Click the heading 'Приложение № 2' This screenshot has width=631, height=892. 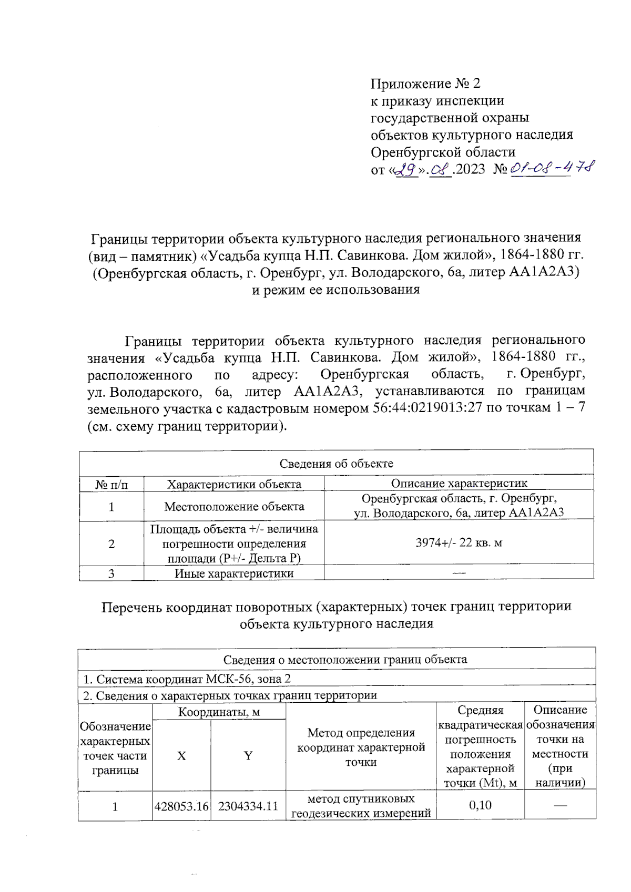click(425, 84)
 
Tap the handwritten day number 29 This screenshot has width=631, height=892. click(406, 170)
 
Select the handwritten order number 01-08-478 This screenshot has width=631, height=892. click(552, 168)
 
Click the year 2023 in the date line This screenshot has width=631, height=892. click(470, 169)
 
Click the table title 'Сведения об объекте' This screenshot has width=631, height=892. click(336, 463)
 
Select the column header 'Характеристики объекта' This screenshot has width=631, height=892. click(234, 484)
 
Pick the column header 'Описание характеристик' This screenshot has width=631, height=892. click(459, 483)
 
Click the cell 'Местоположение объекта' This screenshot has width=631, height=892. click(234, 507)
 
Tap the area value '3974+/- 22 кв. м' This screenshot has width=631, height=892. click(459, 542)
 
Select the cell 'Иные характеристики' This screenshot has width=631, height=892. click(234, 573)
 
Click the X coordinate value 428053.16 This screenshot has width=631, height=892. click(181, 806)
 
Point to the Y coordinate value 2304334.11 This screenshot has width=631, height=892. click(248, 806)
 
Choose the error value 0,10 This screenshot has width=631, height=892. click(480, 805)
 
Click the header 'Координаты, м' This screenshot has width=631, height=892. click(219, 712)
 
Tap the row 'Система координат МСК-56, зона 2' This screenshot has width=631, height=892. click(187, 679)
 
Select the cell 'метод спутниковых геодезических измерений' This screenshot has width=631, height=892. click(361, 806)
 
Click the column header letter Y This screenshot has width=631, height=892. click(248, 756)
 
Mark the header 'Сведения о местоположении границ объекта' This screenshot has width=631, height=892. click(345, 659)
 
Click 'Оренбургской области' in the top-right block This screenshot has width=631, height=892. click(443, 152)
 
